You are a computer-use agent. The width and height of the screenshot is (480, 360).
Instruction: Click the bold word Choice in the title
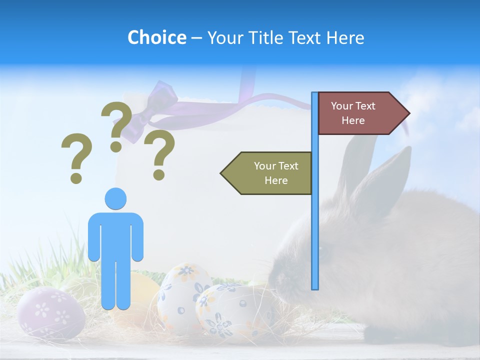pos(156,37)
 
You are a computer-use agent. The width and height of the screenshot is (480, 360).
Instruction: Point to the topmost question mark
pos(116,125)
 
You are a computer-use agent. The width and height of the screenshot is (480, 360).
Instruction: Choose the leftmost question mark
pos(76,157)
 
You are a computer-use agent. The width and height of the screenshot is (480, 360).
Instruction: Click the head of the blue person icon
pos(115,198)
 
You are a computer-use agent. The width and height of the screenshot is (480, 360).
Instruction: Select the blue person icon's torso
pos(115,235)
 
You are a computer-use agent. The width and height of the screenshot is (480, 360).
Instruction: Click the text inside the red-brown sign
pos(353,113)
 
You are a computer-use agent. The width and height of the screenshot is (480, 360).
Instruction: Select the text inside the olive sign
pos(276,173)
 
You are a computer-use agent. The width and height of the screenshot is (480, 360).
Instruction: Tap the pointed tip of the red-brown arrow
pos(408,113)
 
